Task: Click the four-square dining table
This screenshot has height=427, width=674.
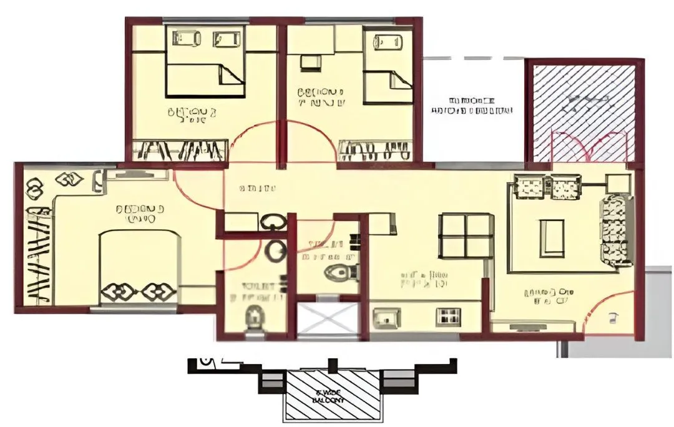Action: point(462,235)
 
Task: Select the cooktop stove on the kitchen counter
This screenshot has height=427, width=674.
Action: point(447,317)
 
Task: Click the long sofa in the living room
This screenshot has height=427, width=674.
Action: point(616,230)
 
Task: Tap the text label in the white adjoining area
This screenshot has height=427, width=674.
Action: point(472,106)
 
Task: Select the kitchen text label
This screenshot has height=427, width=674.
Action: point(425,279)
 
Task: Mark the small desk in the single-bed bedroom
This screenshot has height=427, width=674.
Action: point(308,62)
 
